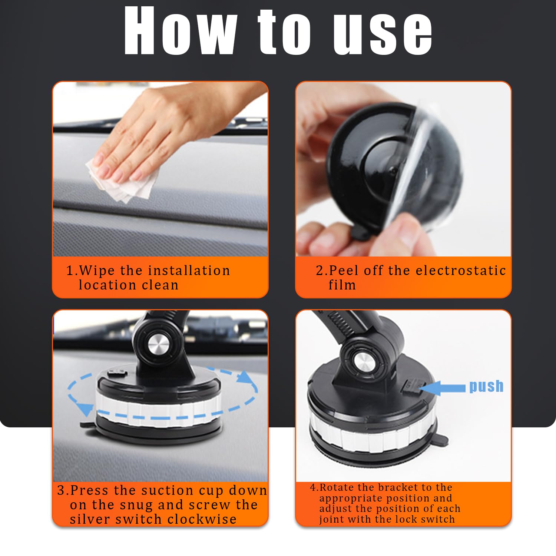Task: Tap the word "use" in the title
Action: tap(383, 33)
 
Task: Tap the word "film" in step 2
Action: tap(342, 285)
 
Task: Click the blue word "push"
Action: tap(486, 386)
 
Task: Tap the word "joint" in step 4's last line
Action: tap(329, 520)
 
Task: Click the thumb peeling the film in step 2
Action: tap(402, 230)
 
